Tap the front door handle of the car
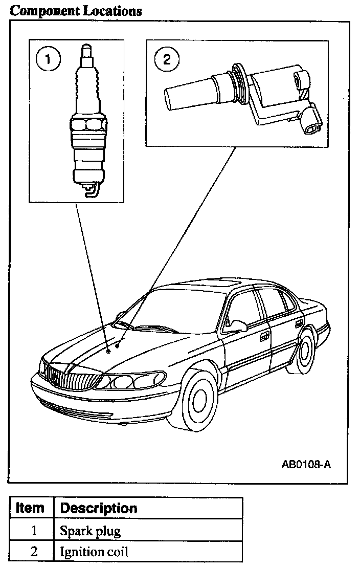(264, 337)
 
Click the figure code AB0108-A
(306, 465)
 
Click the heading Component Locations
(76, 11)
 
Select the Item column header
(30, 508)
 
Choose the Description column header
(99, 508)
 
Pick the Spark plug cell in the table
(91, 531)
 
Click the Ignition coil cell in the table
(94, 552)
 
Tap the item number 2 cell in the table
(34, 552)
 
